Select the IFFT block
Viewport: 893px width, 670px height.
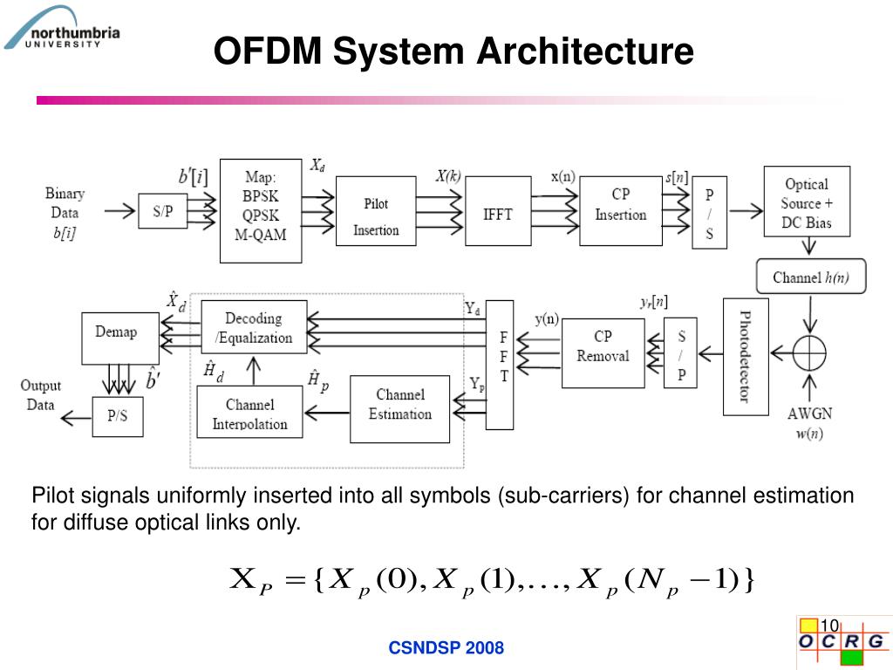pos(498,212)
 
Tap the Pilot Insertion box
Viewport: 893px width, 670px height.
pos(376,216)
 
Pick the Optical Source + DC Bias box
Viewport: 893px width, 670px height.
pos(808,202)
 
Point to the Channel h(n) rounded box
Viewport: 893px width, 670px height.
pos(810,277)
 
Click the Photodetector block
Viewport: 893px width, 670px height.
pos(746,356)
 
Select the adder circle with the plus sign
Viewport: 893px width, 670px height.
pos(809,353)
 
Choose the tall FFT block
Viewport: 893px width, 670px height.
pos(501,365)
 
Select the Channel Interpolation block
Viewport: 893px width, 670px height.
pos(249,414)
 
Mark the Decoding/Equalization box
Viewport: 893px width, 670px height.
pos(254,327)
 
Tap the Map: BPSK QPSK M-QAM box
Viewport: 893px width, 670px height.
pos(261,210)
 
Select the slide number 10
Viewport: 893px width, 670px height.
pos(828,626)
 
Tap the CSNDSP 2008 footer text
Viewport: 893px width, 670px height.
pos(446,647)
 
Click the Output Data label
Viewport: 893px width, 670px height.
pos(41,395)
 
